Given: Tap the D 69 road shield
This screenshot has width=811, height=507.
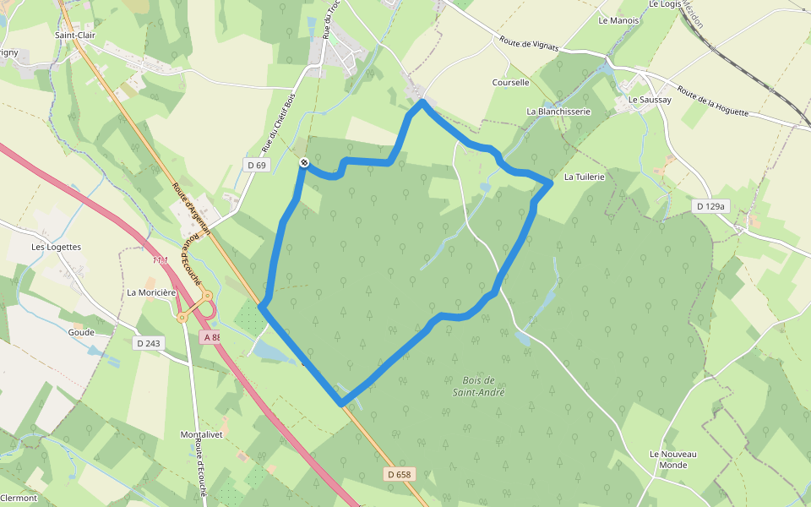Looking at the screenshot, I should click(x=257, y=165).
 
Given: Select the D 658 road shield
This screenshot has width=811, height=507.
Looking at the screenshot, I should click(x=399, y=474).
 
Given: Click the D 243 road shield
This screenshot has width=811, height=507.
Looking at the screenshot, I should click(x=148, y=343).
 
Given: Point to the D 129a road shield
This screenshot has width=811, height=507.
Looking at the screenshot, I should click(x=710, y=206).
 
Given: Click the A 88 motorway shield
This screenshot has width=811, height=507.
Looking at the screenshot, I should click(x=210, y=336).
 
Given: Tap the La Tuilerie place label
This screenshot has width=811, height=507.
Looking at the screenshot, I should click(x=585, y=177).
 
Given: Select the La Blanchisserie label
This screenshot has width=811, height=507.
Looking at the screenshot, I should click(x=558, y=111).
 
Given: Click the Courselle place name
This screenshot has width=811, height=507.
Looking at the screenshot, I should click(x=510, y=83).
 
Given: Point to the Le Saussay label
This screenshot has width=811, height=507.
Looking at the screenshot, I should click(x=650, y=100).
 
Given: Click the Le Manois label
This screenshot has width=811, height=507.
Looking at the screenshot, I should click(x=618, y=20).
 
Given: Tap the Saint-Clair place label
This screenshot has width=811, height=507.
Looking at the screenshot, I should click(x=75, y=35).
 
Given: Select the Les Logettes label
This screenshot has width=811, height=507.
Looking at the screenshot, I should click(x=56, y=247).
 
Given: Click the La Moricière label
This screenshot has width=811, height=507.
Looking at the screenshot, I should click(x=151, y=292).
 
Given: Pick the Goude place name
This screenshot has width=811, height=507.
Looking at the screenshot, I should click(x=82, y=332).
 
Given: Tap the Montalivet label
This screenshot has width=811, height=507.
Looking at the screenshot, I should click(x=201, y=434).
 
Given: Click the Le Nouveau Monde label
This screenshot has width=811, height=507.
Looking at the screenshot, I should click(x=673, y=459).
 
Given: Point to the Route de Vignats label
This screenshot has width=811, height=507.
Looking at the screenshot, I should click(x=530, y=44).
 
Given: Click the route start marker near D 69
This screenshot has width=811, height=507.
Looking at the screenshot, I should click(x=303, y=162).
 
